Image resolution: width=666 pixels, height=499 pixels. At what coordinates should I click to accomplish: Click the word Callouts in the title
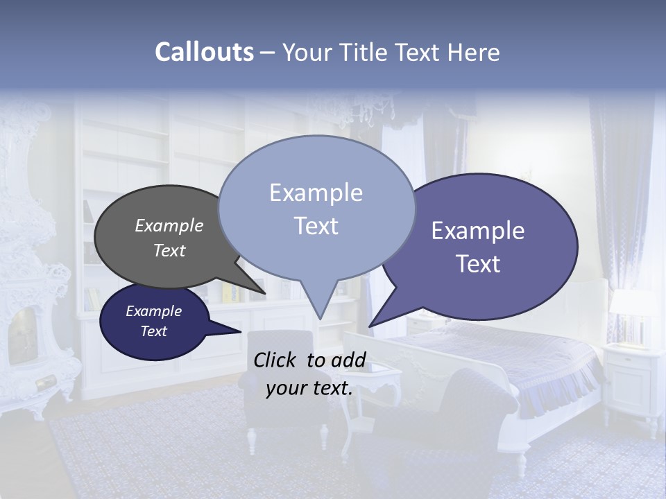tap(204, 52)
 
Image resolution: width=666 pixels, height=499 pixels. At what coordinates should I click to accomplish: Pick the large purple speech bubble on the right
tap(486, 246)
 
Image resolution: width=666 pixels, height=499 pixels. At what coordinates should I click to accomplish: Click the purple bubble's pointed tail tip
tap(370, 326)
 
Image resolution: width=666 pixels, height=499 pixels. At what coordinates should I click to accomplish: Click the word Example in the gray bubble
tap(169, 226)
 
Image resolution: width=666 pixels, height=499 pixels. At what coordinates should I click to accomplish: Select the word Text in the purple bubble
tap(478, 264)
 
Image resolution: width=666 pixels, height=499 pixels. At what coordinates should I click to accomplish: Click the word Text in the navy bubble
tap(153, 331)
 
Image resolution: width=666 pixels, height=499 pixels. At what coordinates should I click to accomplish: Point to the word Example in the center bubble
tap(316, 193)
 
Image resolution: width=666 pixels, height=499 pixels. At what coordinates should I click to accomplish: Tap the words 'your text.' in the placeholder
tap(309, 388)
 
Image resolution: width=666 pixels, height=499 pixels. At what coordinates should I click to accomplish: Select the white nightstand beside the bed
tap(631, 378)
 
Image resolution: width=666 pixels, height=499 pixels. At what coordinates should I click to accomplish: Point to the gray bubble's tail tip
tap(265, 294)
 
